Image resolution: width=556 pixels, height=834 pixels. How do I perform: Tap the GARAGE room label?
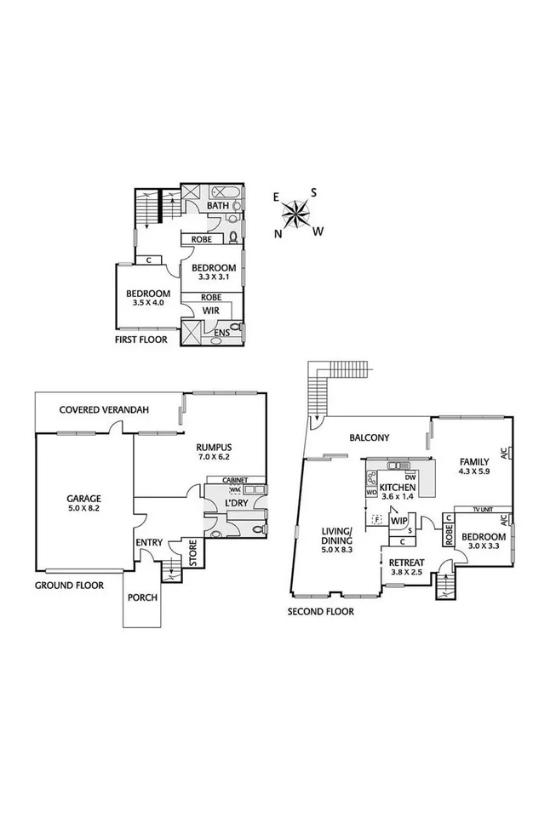point(84,499)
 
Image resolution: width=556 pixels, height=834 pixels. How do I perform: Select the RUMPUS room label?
point(214,448)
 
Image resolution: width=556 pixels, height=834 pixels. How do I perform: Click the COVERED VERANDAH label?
point(104,409)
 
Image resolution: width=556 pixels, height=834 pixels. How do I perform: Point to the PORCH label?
point(142,597)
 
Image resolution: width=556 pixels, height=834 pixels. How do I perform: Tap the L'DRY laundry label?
point(235,504)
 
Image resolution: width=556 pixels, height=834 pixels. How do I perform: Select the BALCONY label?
point(370,438)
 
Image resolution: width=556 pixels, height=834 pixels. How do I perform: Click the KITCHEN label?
point(397,488)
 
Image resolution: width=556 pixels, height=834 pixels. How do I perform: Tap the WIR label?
point(210,311)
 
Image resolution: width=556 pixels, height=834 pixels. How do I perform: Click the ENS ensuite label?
point(221,332)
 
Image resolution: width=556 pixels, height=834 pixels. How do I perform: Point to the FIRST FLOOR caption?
point(140,340)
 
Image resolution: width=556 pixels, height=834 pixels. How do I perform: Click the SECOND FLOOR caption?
point(320,611)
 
